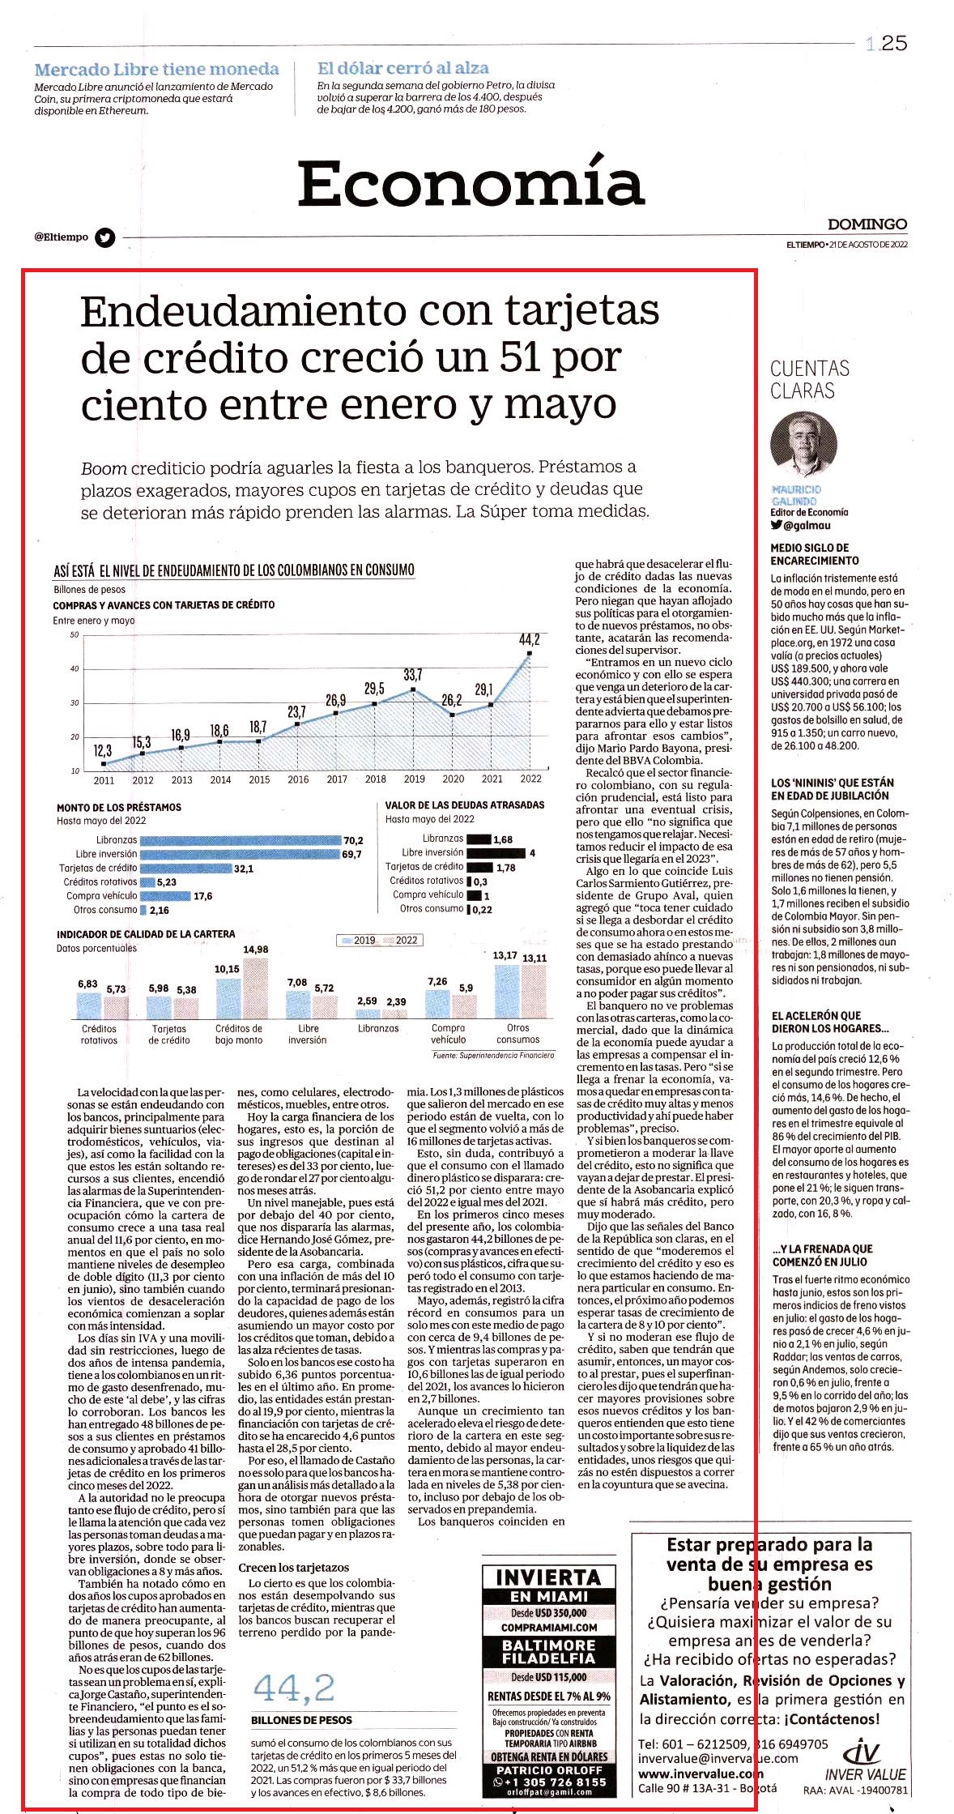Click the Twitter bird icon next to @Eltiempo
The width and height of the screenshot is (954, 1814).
pos(105,237)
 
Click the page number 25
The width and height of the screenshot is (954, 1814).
pos(894,44)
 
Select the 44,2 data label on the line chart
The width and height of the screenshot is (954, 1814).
pos(529,640)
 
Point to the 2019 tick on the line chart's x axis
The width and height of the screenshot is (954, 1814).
pos(414,779)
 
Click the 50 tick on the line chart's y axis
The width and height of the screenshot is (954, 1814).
pos(75,634)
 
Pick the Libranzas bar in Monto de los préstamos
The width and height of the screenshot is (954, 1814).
pos(241,840)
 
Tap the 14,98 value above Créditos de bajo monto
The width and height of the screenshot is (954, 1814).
pos(255,950)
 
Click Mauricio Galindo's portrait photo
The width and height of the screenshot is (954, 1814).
pos(803,446)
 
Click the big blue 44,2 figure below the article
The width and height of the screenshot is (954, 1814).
pos(294,1688)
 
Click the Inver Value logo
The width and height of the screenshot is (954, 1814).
pos(865,1760)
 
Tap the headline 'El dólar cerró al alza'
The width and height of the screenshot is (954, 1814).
pos(402,68)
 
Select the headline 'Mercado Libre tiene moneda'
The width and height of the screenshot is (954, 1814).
pos(156,70)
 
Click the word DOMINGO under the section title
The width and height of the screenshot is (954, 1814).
pos(867,224)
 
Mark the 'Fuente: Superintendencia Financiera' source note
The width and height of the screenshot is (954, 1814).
pos(493,1056)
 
